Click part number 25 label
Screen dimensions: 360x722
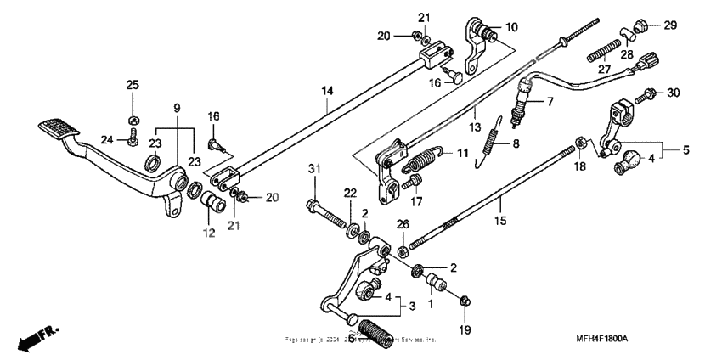pyautogui.click(x=132, y=84)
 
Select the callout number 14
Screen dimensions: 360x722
pyautogui.click(x=327, y=89)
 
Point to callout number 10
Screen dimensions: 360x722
pyautogui.click(x=510, y=26)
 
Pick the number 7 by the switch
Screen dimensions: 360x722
pyautogui.click(x=550, y=102)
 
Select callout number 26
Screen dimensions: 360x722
pyautogui.click(x=403, y=224)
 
